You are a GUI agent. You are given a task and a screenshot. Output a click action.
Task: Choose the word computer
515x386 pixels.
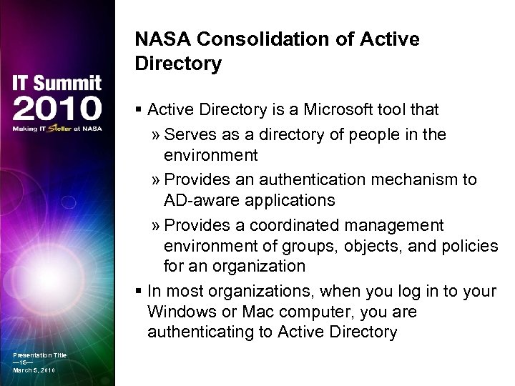(318, 312)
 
